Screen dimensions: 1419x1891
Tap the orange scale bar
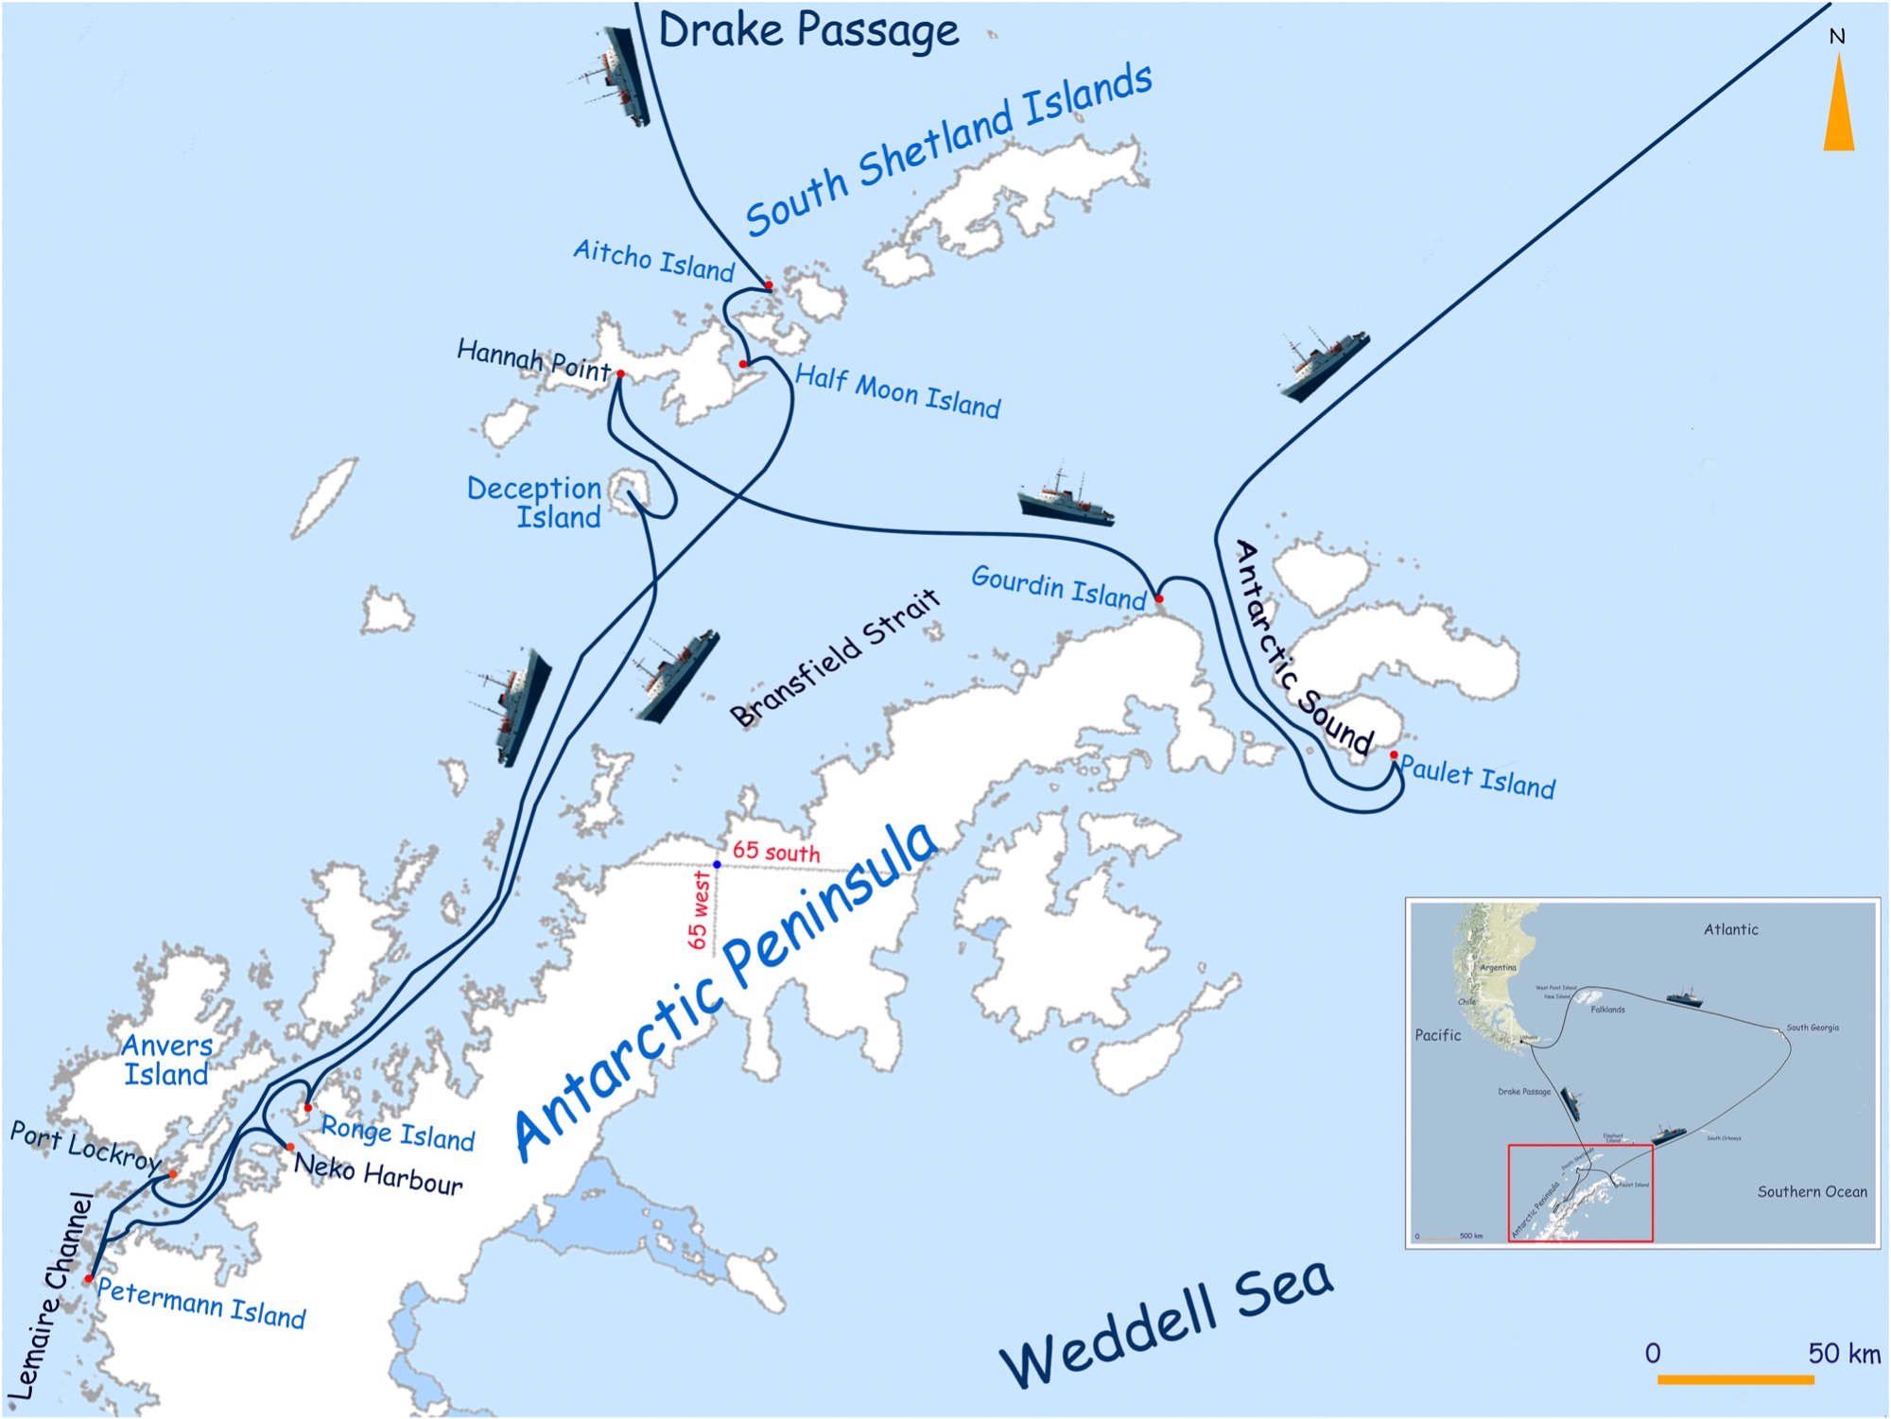tap(1735, 1380)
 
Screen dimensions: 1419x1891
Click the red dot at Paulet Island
tap(1394, 754)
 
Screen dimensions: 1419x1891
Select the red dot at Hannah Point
tap(620, 374)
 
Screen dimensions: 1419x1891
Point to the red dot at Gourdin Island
tap(1159, 598)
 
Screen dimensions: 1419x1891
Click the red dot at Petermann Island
tap(89, 1278)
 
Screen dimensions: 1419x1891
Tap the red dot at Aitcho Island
tap(769, 285)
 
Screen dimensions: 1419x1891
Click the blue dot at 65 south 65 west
tap(717, 864)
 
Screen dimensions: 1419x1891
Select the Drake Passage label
tap(808, 30)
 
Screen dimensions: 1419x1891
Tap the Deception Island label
tap(536, 502)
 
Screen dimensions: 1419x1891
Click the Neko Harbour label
tap(378, 1173)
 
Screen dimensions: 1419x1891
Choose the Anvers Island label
tap(167, 1060)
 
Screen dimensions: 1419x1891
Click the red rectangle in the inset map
tap(1580, 1193)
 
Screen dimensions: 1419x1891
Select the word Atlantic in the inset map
tap(1730, 929)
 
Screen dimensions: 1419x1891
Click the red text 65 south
tap(776, 852)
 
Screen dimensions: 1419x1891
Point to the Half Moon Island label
tap(897, 390)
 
